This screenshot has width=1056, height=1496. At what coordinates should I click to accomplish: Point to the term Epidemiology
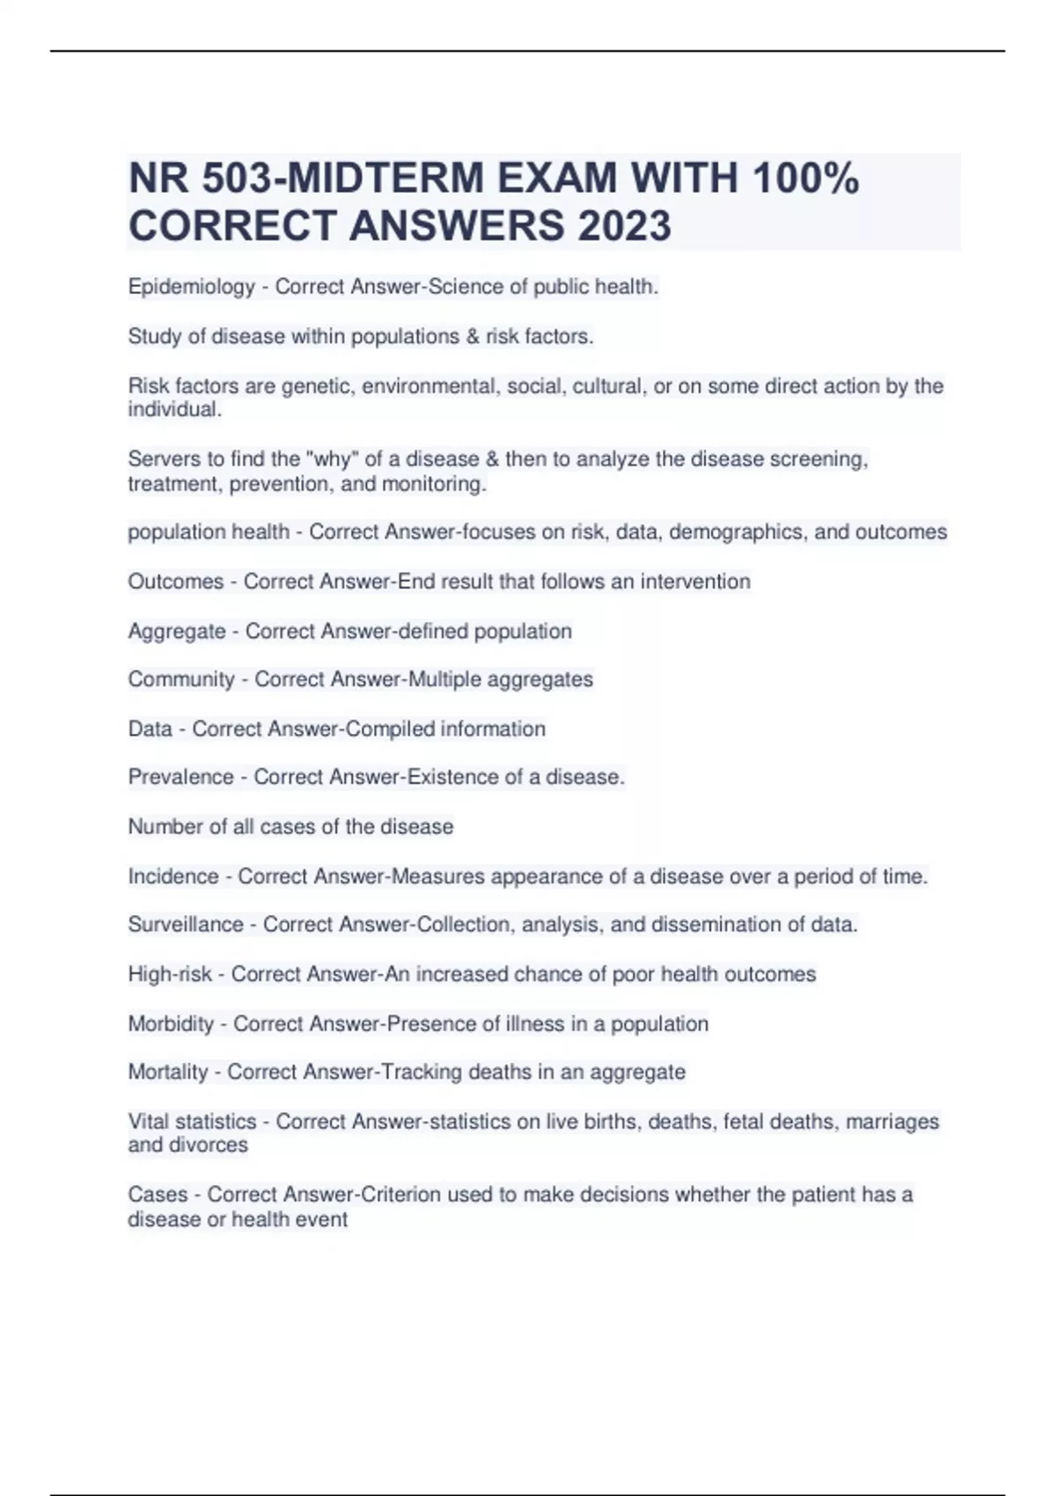coord(191,287)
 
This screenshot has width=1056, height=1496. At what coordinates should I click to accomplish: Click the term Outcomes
coord(175,582)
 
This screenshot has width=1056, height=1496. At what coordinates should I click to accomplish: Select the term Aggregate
coord(176,632)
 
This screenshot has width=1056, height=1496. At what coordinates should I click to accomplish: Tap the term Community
coord(181,679)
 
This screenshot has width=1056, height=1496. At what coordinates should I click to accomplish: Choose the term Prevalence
coord(180,777)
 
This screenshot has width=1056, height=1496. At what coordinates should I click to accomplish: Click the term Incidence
coord(173,876)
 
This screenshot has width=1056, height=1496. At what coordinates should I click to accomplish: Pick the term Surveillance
coord(186,925)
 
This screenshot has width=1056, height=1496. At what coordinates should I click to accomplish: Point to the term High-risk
coord(170,974)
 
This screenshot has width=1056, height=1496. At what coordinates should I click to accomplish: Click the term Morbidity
coord(171,1024)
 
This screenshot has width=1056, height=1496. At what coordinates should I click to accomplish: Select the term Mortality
coord(168,1072)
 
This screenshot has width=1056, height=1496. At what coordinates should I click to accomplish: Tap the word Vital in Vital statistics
coord(148,1122)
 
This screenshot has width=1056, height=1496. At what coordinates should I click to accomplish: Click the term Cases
coord(158,1195)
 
